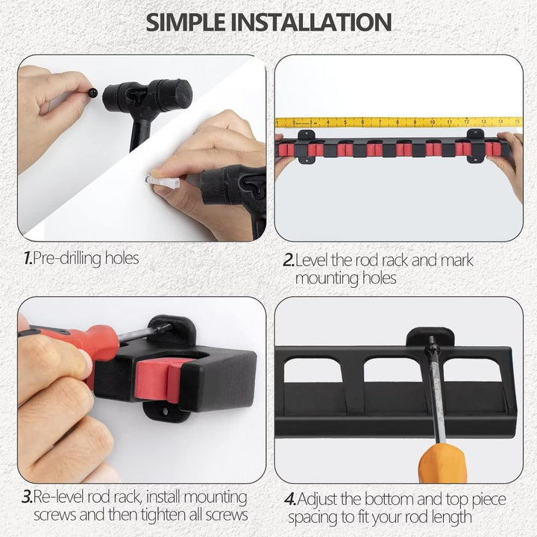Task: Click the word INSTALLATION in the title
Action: pyautogui.click(x=311, y=22)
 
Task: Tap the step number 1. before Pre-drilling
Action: pyautogui.click(x=28, y=258)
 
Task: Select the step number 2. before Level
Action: pyautogui.click(x=289, y=260)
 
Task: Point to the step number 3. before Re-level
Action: pyautogui.click(x=27, y=497)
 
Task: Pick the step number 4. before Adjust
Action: pyautogui.click(x=290, y=499)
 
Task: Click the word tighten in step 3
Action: pyautogui.click(x=166, y=515)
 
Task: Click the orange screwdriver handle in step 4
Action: pyautogui.click(x=443, y=462)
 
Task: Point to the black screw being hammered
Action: pyautogui.click(x=92, y=92)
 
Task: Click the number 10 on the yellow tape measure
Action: pyautogui.click(x=432, y=122)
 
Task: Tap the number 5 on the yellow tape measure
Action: pyautogui.click(x=345, y=122)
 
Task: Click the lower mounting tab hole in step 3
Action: pyautogui.click(x=166, y=411)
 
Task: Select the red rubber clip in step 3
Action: pyautogui.click(x=158, y=380)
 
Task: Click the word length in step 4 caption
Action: pyautogui.click(x=450, y=518)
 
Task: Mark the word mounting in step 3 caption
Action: pyautogui.click(x=215, y=498)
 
